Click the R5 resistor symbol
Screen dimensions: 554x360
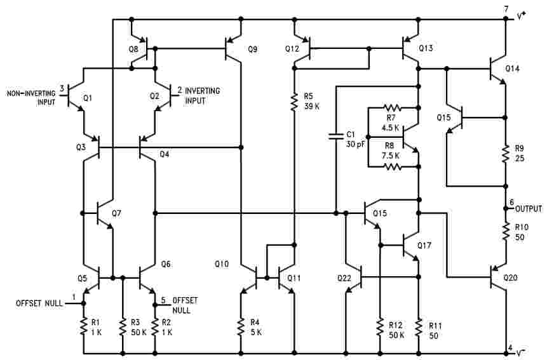click(294, 102)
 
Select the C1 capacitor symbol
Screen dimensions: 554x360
click(336, 137)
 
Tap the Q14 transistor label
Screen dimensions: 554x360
click(512, 69)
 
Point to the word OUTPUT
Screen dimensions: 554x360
click(528, 209)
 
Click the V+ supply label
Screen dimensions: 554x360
click(521, 16)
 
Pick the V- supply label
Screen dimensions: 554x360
click(520, 352)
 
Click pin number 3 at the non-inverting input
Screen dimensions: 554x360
click(62, 88)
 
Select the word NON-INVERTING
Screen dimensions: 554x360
click(31, 93)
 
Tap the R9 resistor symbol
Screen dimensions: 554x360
click(506, 153)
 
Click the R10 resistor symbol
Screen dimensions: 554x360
click(506, 232)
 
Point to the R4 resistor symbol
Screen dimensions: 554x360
click(241, 327)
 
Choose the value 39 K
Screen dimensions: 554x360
click(311, 106)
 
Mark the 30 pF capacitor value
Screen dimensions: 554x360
click(355, 144)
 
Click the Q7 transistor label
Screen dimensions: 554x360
click(117, 213)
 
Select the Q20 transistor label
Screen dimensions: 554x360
click(510, 277)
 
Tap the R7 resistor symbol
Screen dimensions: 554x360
click(392, 107)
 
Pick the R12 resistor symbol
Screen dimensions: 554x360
click(380, 327)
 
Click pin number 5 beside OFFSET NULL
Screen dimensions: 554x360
click(163, 300)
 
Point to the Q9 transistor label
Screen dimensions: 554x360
click(253, 49)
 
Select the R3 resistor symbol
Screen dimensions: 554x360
click(123, 327)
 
